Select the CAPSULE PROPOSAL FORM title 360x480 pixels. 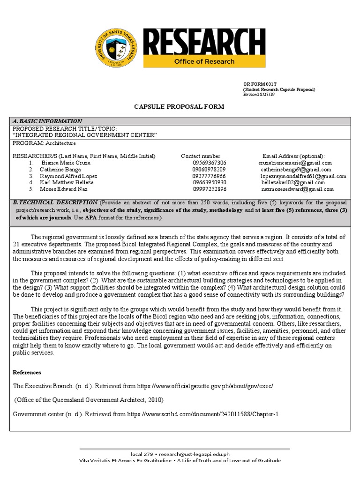180,107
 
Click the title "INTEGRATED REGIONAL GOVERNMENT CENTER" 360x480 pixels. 84,135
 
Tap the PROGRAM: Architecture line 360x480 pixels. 44,143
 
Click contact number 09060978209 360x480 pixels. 209,169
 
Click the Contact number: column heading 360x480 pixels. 201,156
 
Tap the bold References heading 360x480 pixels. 27,372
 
